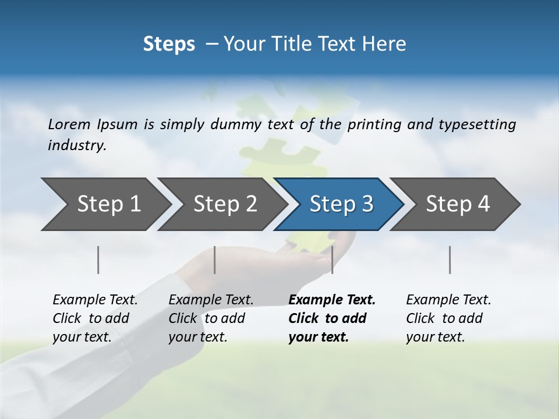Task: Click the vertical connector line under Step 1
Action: point(98,260)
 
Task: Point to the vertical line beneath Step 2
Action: point(215,260)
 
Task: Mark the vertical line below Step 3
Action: point(332,260)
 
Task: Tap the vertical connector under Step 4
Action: point(450,260)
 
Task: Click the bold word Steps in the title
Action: point(169,44)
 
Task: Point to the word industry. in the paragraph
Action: point(77,145)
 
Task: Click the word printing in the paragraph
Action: point(369,124)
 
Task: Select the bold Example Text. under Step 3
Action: point(332,300)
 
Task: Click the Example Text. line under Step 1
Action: point(95,300)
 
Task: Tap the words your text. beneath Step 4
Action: point(435,337)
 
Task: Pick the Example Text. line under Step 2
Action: point(211,300)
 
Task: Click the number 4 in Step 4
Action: point(483,204)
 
